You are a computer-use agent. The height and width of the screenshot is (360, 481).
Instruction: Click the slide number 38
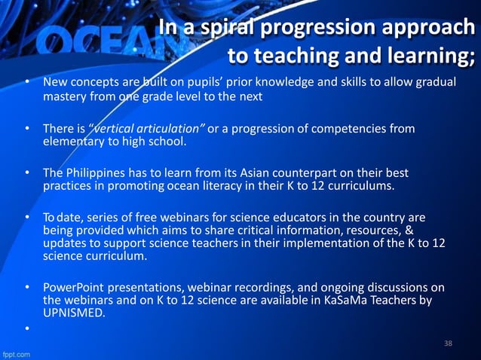[448, 344]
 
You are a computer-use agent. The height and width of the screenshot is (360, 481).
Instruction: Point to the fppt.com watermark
[17, 352]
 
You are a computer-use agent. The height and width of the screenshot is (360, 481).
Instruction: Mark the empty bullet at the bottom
[27, 329]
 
